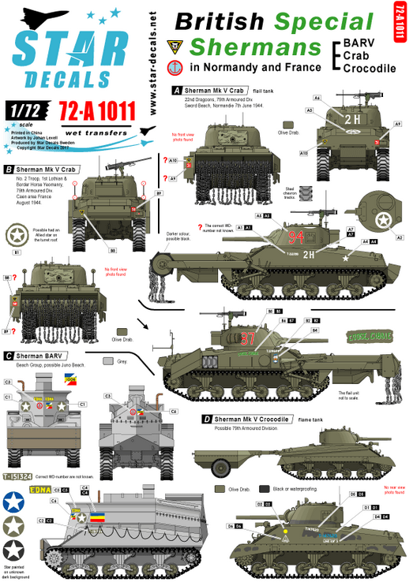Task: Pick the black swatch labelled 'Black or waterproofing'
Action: tap(265, 489)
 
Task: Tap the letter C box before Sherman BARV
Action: tap(8, 356)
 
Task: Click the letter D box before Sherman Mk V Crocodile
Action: tap(206, 418)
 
